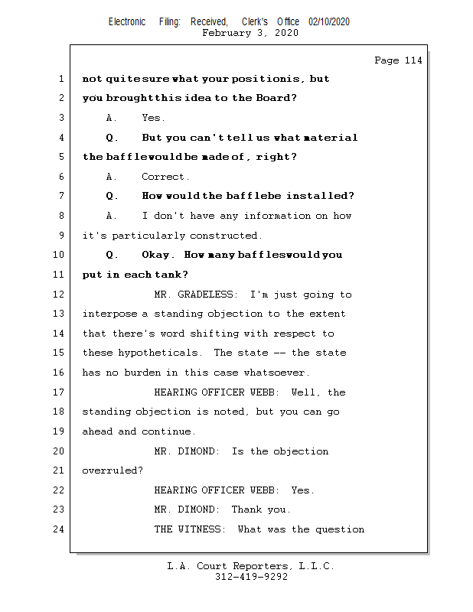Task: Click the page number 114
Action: click(x=413, y=60)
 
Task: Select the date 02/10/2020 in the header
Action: click(x=329, y=22)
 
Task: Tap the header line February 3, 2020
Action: click(x=250, y=33)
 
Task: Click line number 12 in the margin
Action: click(x=60, y=295)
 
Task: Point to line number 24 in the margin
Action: click(x=60, y=529)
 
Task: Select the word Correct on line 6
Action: click(x=165, y=177)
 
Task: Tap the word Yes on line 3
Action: click(x=152, y=118)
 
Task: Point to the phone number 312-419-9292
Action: click(x=251, y=578)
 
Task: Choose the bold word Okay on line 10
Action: click(x=158, y=255)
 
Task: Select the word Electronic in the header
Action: click(x=127, y=22)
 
